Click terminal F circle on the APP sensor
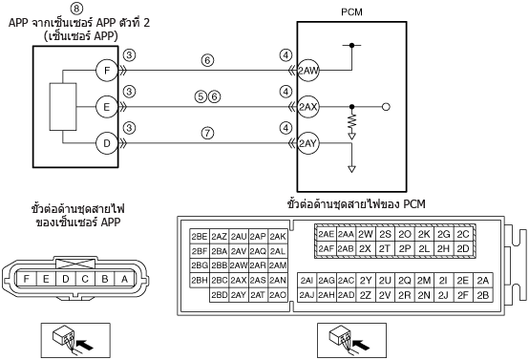coord(107,71)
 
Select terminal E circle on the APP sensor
coord(107,107)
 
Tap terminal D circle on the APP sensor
coord(107,143)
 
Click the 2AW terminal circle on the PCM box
coord(308,71)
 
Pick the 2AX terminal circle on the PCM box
coord(308,107)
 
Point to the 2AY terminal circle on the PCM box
coord(308,143)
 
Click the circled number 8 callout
coord(77,8)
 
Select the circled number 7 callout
coord(207,133)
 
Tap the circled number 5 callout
coord(201,96)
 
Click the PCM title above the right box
coord(351,12)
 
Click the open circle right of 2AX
coord(386,107)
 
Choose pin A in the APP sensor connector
coord(124,279)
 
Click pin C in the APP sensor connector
coord(85,279)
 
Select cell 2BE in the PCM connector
coord(200,237)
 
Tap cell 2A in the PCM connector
coord(483,281)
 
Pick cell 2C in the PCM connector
coord(463,234)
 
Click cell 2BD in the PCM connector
coord(220,295)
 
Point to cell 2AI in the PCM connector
coord(307,281)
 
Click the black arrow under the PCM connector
coord(362,345)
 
